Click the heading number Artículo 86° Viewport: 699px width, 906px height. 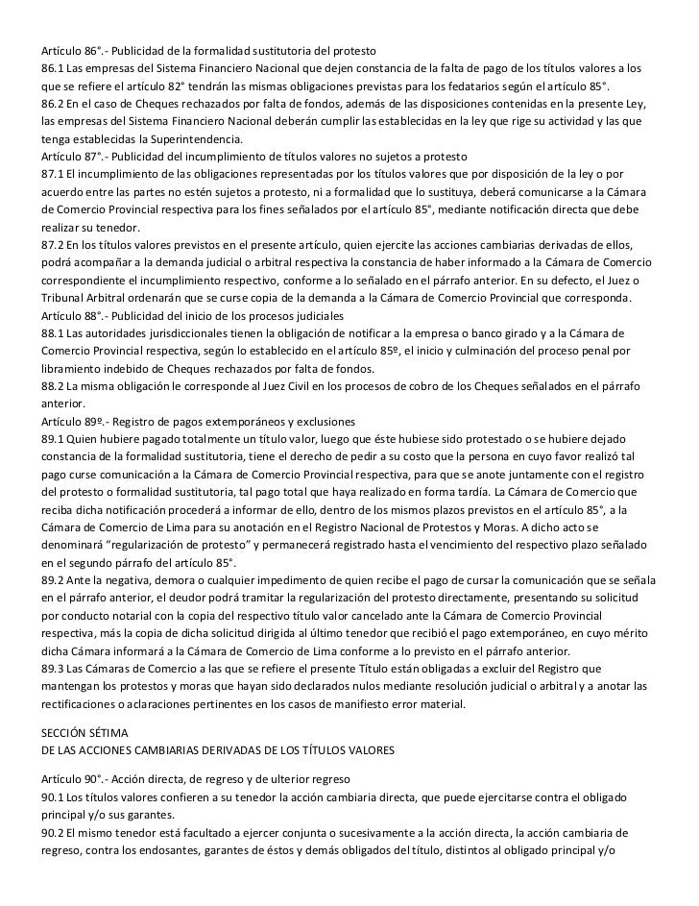[71, 49]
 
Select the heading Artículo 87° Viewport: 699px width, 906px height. [71, 156]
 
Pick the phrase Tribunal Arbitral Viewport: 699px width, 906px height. [84, 299]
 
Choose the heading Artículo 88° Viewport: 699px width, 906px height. [71, 316]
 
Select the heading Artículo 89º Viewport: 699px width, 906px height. [71, 423]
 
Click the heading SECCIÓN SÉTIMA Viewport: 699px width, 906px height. [86, 733]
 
